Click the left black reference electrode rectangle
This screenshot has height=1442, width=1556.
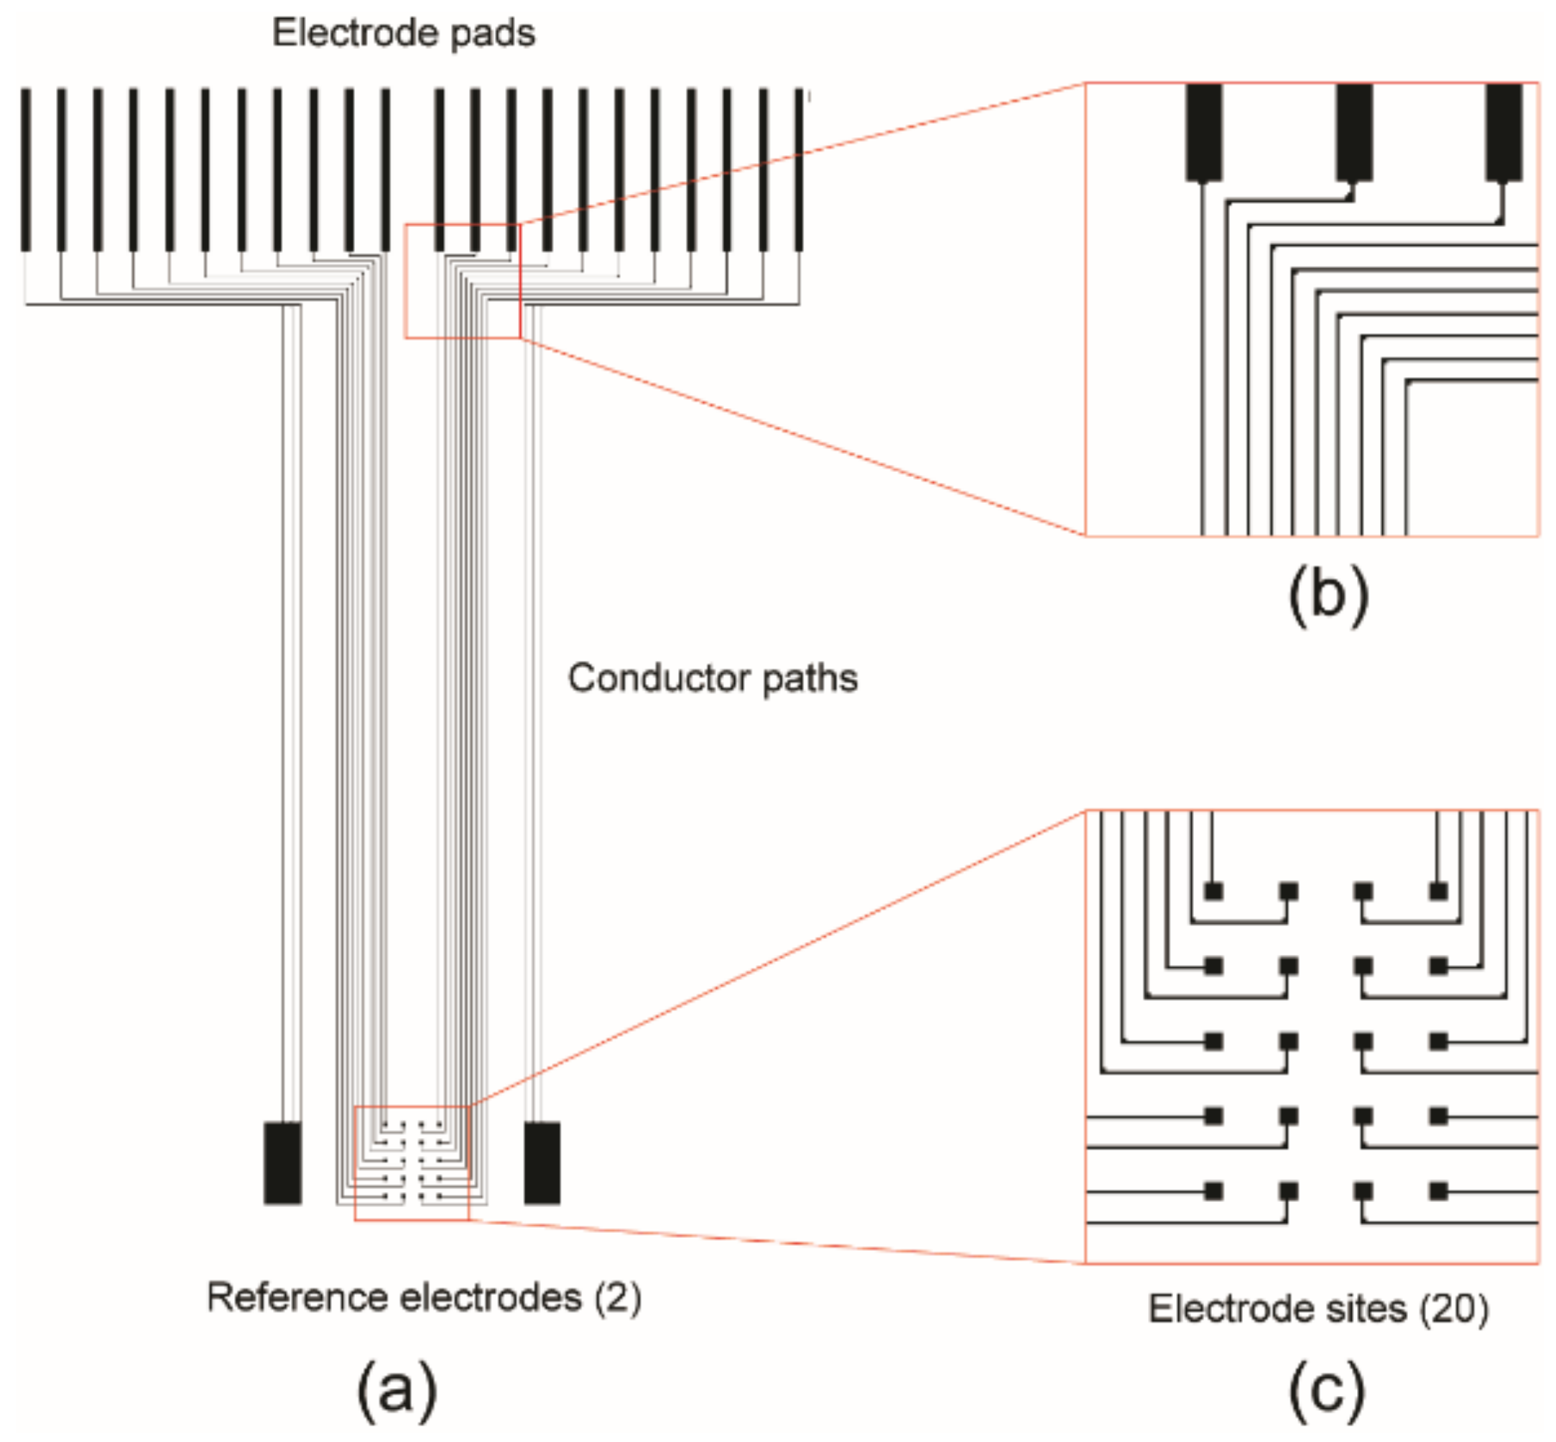tap(282, 1163)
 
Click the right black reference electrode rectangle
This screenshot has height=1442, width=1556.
tap(542, 1163)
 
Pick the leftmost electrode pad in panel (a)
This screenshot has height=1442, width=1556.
tap(26, 170)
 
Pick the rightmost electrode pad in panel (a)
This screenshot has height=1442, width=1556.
tap(799, 170)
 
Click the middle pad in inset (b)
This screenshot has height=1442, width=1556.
tap(1354, 133)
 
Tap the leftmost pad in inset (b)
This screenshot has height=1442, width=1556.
tap(1204, 133)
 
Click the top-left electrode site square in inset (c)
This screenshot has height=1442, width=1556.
tap(1213, 891)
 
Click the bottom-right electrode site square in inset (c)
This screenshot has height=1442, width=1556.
tap(1438, 1191)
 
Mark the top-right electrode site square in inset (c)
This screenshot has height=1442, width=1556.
tap(1438, 891)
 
